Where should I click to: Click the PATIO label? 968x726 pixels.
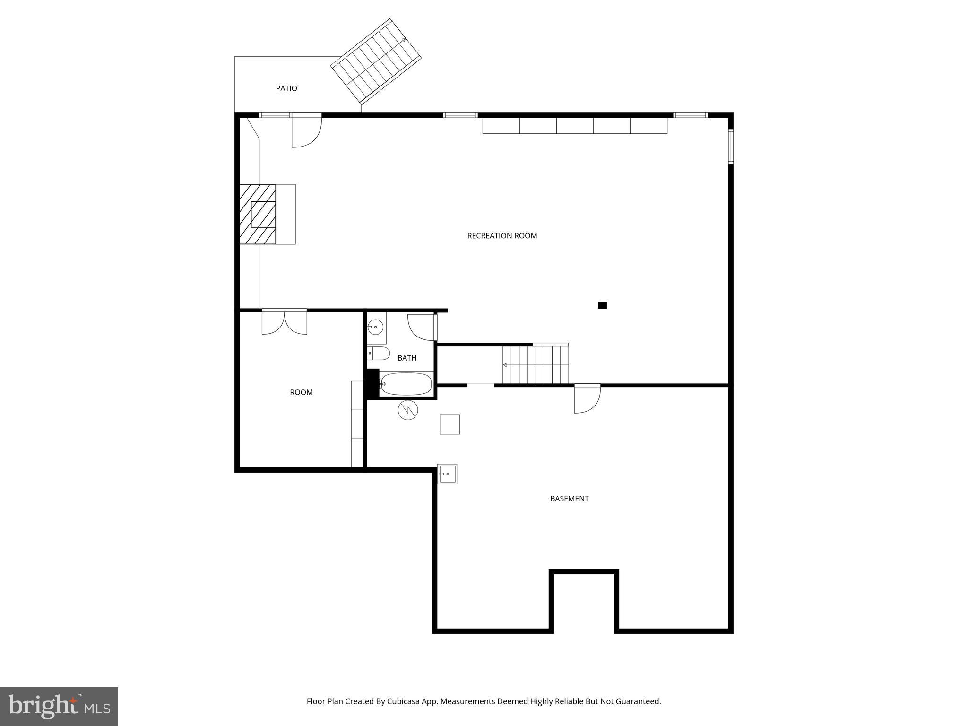point(286,88)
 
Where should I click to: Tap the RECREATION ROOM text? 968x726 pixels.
point(502,236)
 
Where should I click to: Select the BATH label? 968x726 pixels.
point(406,358)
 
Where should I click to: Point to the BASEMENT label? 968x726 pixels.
point(569,498)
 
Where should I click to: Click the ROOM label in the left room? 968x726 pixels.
point(301,392)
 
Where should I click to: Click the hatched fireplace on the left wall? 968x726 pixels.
point(258,214)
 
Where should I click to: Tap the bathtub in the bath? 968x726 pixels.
point(406,384)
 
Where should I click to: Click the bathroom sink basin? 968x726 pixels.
point(376,327)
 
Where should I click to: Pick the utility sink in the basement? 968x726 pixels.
point(447,474)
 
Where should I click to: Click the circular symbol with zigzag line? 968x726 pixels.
point(408,410)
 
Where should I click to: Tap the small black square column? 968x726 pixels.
point(602,305)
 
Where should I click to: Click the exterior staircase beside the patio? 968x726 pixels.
point(376,61)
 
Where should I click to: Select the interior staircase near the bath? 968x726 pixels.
point(536,365)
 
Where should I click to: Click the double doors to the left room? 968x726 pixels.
point(284,322)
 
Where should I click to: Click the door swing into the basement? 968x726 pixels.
point(587,399)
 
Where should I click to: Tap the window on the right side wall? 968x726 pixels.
point(730,147)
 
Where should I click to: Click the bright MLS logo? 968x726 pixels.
point(59,706)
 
